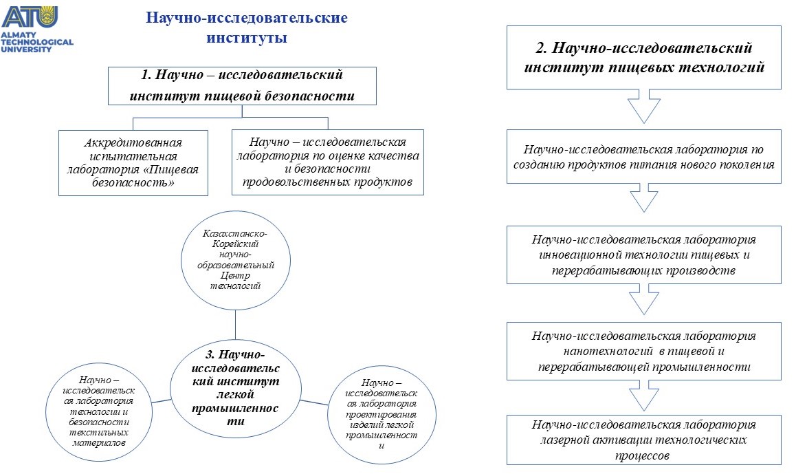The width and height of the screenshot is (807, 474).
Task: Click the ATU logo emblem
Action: (x=30, y=17)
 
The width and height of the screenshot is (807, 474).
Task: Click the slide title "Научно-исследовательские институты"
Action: (x=247, y=28)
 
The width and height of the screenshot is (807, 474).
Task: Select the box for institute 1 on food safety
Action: (x=242, y=85)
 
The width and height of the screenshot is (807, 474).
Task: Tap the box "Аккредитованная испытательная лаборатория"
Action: (x=133, y=162)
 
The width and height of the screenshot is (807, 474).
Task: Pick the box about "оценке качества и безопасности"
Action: (x=328, y=162)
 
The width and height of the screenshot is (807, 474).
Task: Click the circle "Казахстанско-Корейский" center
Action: (x=236, y=260)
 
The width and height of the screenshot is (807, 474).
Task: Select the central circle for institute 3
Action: (x=236, y=388)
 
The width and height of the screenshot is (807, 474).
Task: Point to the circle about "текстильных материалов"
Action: (x=99, y=411)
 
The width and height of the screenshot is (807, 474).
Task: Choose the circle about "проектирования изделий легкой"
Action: (x=382, y=416)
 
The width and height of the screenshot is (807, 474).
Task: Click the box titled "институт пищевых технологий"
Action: (x=644, y=58)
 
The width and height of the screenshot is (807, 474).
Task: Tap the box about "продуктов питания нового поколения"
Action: (x=644, y=157)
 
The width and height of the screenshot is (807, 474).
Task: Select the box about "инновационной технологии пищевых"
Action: (x=644, y=255)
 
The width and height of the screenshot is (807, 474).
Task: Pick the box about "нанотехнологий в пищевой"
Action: (x=644, y=352)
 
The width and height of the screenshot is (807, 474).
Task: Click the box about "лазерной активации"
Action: (x=644, y=440)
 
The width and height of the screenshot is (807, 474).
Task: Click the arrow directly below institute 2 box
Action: (x=644, y=107)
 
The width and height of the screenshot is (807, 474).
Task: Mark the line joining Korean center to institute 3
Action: (x=236, y=325)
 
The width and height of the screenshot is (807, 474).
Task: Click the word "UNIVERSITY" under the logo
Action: (x=26, y=50)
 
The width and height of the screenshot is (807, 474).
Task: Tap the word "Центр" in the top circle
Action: (x=235, y=276)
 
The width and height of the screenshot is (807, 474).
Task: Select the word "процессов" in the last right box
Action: (x=642, y=456)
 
